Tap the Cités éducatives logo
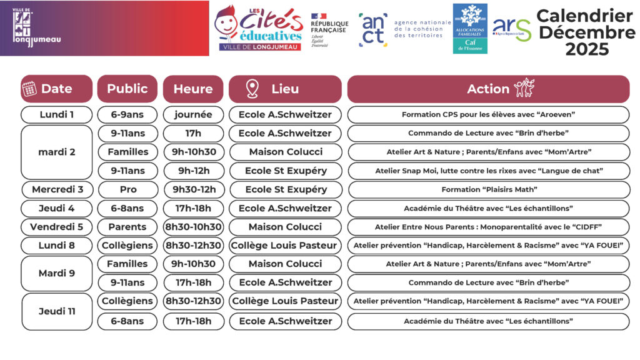pos(259,28)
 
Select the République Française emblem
pos(329,29)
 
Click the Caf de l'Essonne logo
pos(470,28)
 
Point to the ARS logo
pos(511,28)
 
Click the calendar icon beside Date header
pos(29,89)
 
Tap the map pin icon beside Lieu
pos(252,89)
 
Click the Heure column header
pos(193,89)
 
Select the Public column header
pos(127,89)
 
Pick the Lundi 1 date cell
pos(56,115)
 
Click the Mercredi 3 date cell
pos(56,189)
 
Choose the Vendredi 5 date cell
pos(56,227)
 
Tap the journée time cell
pos(193,115)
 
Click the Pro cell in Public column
pos(127,189)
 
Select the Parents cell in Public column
pos(127,227)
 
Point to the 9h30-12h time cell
pos(193,189)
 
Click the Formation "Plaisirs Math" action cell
pos(488,189)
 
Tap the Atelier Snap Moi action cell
pos(488,171)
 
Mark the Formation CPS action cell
pos(488,115)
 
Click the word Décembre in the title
pos(587,32)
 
